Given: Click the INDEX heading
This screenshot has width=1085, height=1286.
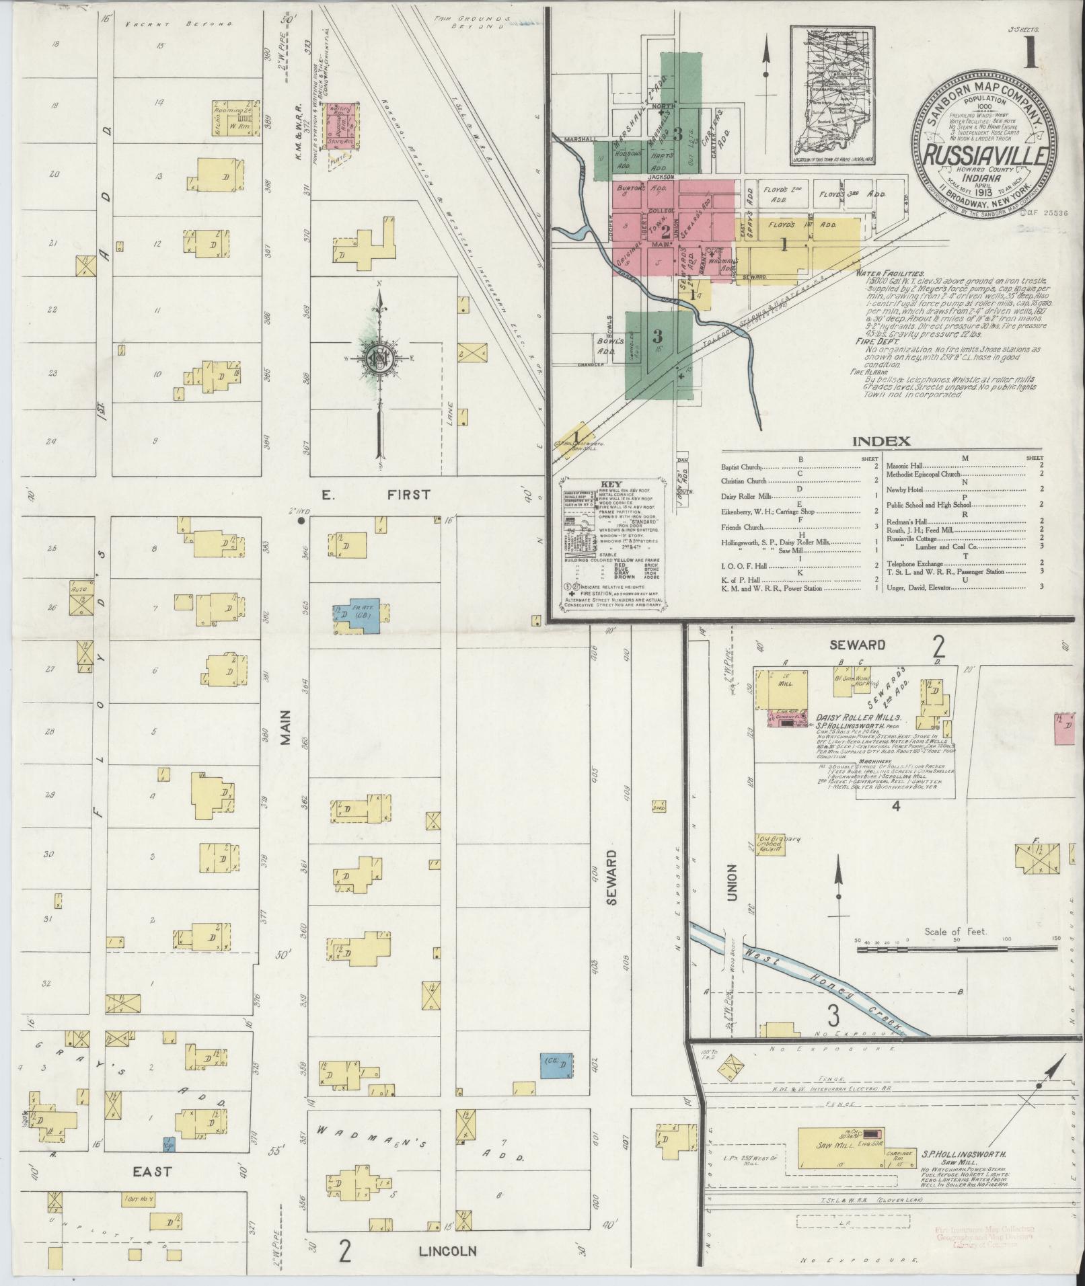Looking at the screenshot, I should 881,442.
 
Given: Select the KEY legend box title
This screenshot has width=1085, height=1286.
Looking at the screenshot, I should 611,485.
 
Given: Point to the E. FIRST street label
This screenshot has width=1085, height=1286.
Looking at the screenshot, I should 377,495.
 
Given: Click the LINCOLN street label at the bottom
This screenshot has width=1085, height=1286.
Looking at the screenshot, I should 447,1251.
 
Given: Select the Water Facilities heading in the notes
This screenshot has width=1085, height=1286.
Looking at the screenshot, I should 889,274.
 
